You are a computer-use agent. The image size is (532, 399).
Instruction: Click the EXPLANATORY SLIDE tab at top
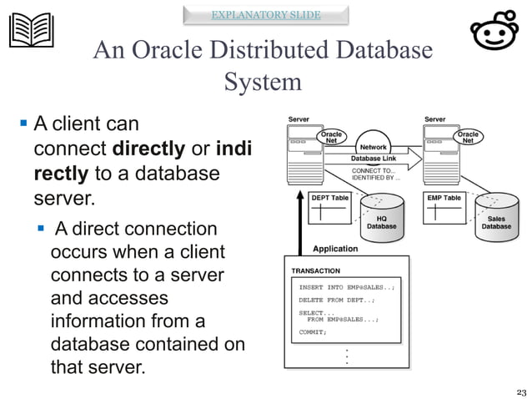pos(265,14)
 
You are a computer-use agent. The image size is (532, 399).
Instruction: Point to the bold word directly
pos(148,150)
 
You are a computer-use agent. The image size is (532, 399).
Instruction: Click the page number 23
pos(522,391)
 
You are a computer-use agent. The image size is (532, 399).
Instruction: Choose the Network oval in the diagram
pos(373,147)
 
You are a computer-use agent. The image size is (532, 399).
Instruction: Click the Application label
pos(335,249)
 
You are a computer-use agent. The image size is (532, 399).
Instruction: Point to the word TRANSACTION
pos(315,271)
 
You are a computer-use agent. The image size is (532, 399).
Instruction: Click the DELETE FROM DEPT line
pos(337,300)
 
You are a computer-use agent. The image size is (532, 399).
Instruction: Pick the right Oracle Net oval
pos(469,136)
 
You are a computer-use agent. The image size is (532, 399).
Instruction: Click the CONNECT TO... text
pos(374,171)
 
